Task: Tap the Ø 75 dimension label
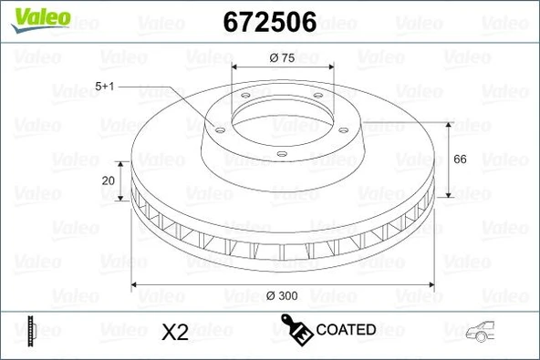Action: click(281, 57)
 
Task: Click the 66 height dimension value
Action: click(460, 159)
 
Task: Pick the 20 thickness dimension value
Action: click(109, 180)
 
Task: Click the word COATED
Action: click(346, 329)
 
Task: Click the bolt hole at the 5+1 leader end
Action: click(218, 130)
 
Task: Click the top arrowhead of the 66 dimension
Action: click(448, 122)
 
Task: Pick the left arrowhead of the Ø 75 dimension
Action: click(235, 68)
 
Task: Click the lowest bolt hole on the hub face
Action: click(280, 152)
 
